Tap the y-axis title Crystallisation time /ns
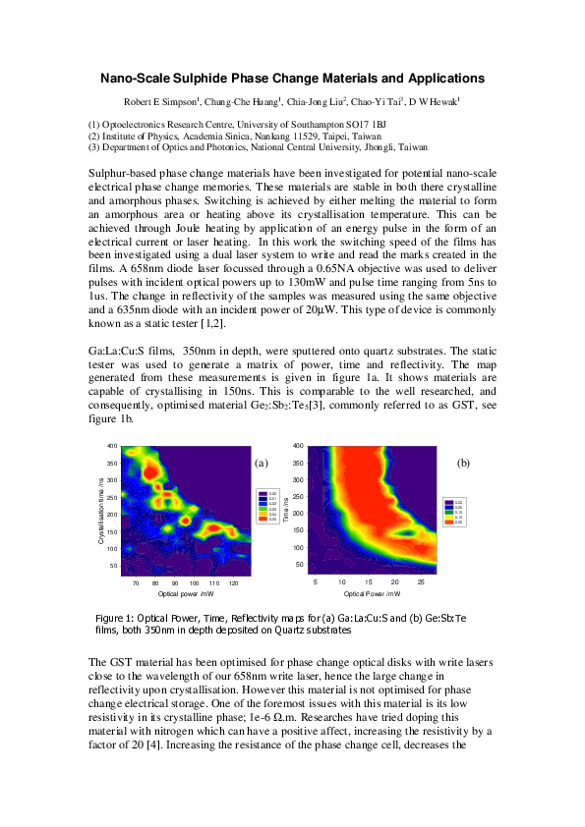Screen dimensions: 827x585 (x=101, y=510)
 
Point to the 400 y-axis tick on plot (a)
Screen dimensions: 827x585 (x=112, y=446)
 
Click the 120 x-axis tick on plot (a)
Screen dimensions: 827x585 (x=232, y=582)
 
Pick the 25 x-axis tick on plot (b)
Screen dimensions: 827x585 (x=420, y=582)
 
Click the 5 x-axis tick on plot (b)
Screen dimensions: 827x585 (x=315, y=582)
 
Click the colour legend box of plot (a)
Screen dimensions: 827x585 (x=268, y=506)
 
